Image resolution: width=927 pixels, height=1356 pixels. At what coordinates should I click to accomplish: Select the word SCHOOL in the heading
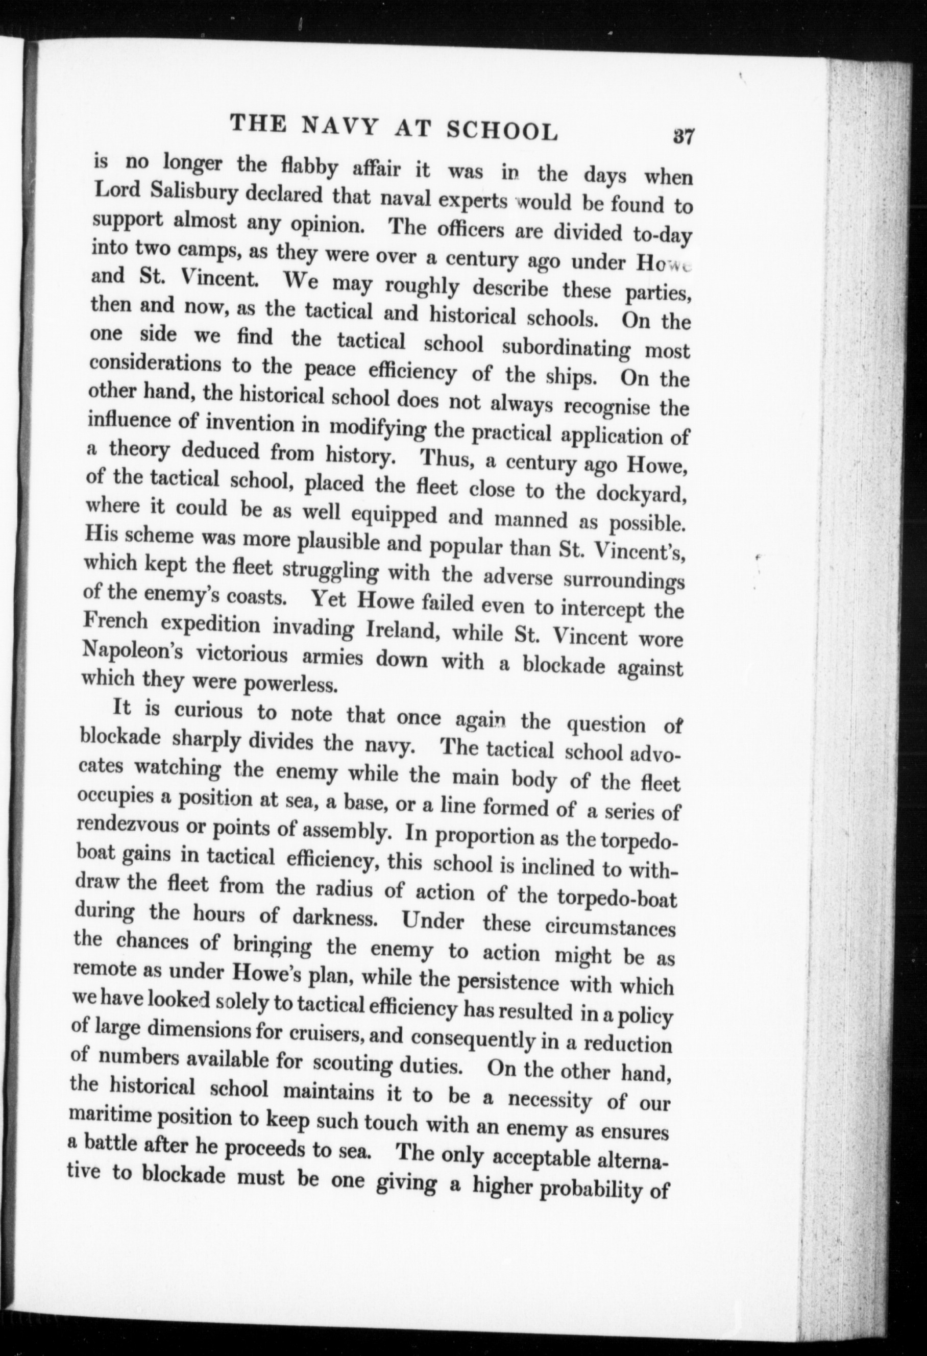tap(501, 131)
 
